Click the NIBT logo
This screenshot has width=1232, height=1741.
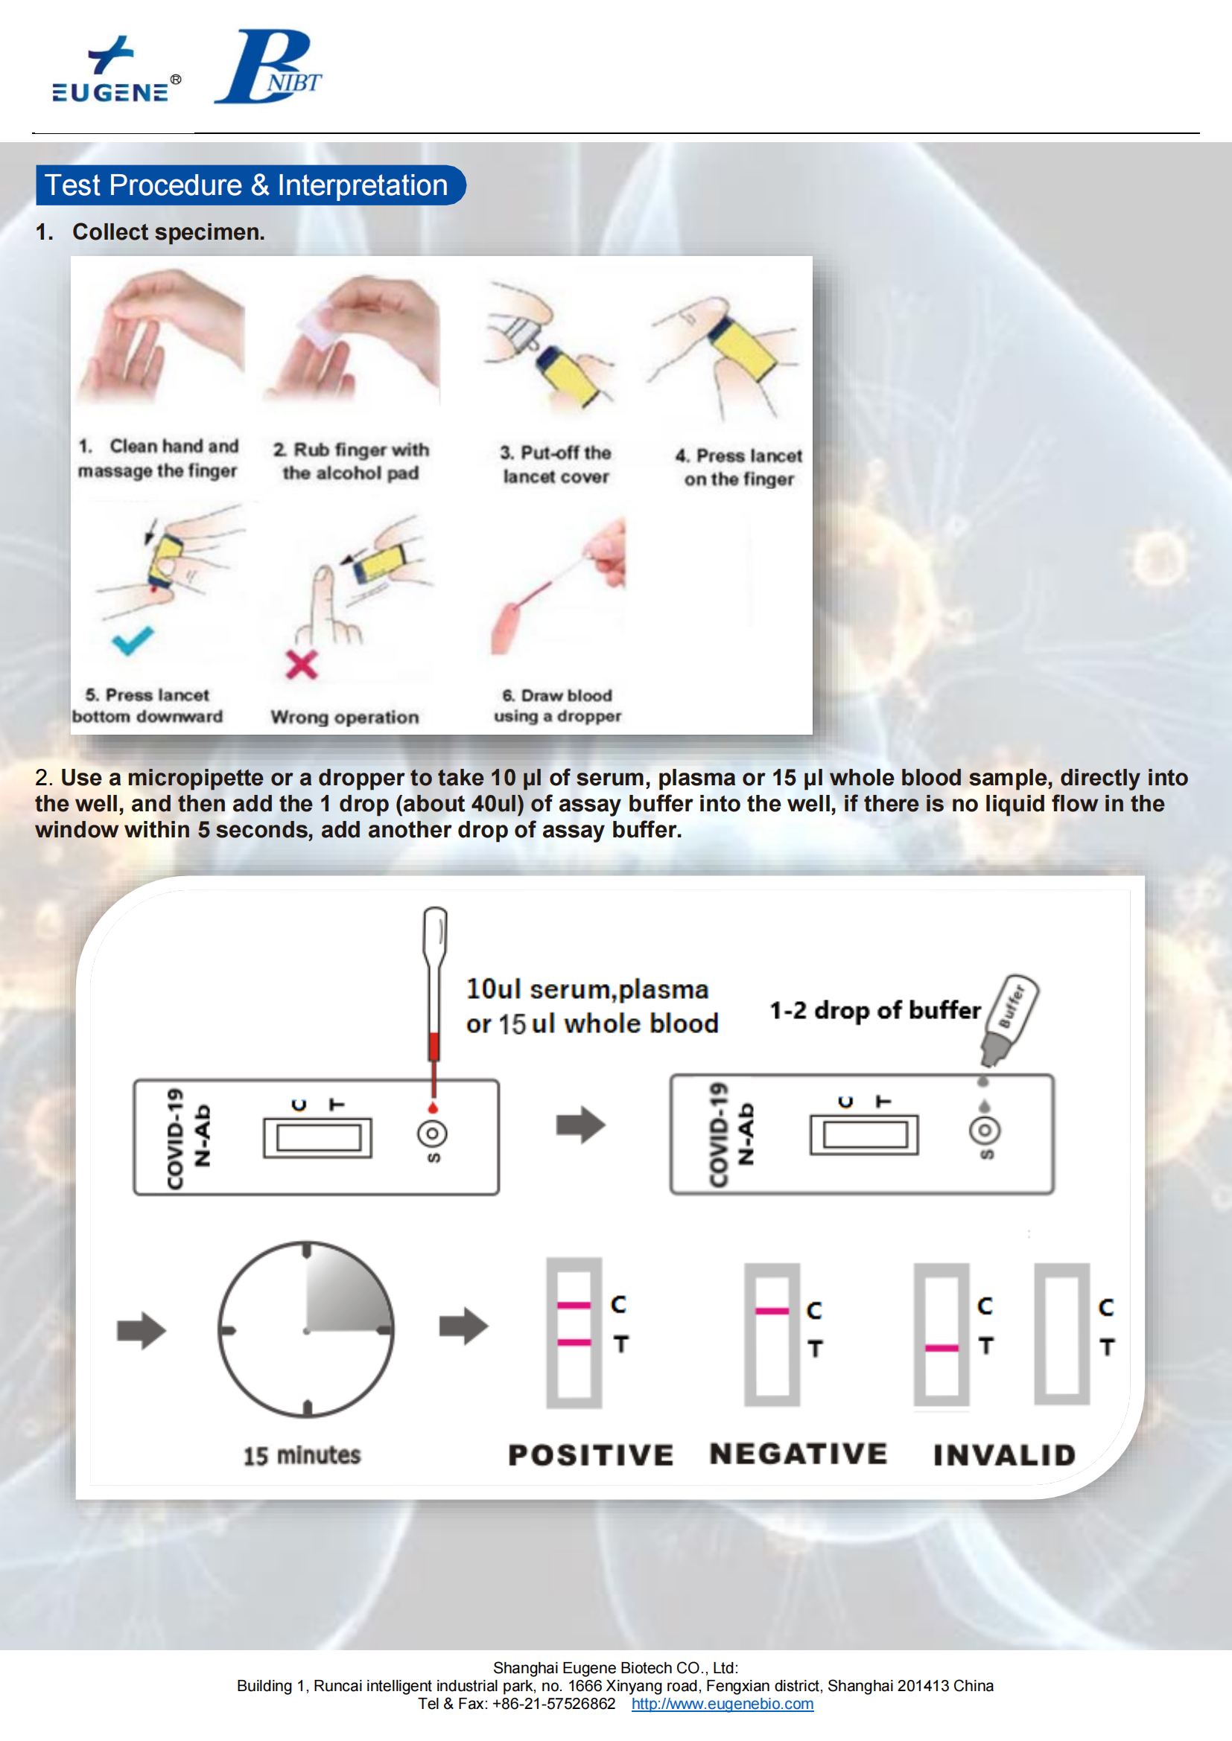(269, 67)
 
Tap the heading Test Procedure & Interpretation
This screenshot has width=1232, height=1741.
(247, 185)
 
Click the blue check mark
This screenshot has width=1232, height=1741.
(133, 641)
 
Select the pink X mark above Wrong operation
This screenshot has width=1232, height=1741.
(301, 664)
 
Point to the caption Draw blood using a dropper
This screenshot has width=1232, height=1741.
(558, 706)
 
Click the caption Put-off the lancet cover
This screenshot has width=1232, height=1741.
(556, 464)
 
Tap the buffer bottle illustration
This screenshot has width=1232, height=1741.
(1009, 1020)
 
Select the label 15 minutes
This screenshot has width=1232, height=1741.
(302, 1455)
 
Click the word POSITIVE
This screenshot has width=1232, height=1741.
(590, 1455)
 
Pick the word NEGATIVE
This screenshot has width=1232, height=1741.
(798, 1454)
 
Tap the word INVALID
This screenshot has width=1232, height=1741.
(1004, 1455)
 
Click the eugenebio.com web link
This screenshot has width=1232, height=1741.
(723, 1704)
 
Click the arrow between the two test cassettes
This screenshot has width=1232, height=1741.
(580, 1125)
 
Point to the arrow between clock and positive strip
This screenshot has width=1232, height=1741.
(463, 1326)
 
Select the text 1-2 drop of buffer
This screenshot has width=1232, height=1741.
(875, 1010)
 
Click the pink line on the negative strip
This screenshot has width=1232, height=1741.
(772, 1311)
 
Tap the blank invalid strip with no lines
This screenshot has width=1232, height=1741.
(1062, 1334)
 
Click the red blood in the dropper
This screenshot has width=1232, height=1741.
(434, 1047)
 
